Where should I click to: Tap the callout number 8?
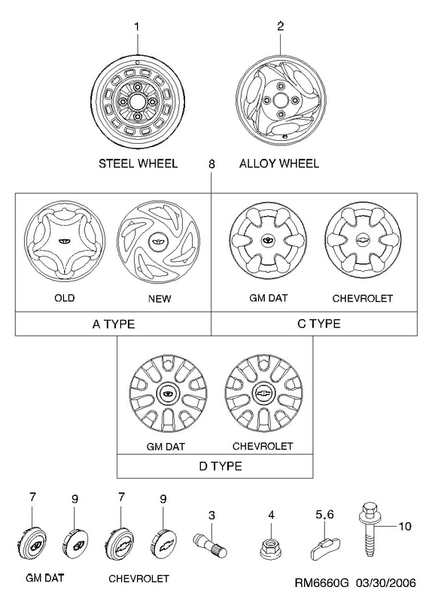click(211, 164)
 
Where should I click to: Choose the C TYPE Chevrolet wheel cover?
click(363, 239)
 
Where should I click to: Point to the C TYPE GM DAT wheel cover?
click(268, 240)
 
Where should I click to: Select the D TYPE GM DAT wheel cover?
click(168, 394)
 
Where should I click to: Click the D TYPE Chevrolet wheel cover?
click(263, 393)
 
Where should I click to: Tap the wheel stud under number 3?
click(210, 543)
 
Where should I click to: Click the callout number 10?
click(405, 526)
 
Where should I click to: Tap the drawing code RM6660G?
click(322, 582)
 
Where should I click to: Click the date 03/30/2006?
click(385, 582)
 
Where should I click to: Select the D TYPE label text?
click(221, 466)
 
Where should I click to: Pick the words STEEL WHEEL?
click(138, 163)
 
